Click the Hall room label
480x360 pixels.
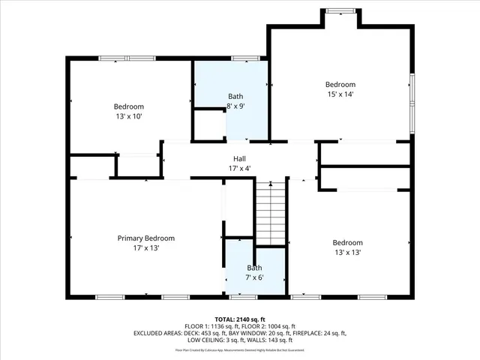click(239, 158)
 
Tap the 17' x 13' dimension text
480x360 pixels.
click(138, 247)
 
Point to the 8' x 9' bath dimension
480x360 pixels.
click(235, 106)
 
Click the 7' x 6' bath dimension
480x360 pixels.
click(255, 277)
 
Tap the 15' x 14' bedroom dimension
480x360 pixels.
click(340, 94)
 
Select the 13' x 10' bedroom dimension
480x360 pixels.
click(128, 116)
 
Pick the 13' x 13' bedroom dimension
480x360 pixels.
click(347, 253)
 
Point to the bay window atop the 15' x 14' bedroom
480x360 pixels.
click(341, 10)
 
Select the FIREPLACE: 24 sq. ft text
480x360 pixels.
click(319, 332)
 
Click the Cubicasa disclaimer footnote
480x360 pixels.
click(239, 349)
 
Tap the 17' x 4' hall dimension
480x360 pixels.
click(239, 169)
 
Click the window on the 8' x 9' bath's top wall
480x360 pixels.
click(245, 58)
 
